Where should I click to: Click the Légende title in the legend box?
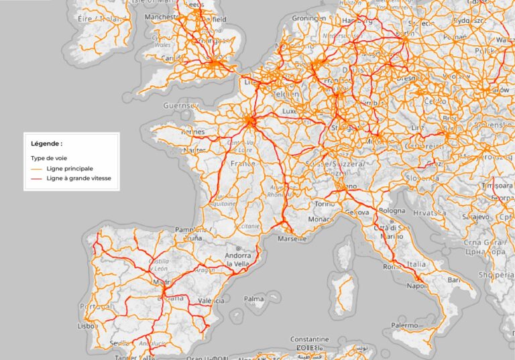point(47,143)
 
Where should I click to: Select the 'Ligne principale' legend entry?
point(70,168)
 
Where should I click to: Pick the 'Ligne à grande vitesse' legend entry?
point(78,179)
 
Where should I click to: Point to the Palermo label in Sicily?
point(405,325)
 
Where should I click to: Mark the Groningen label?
point(310,18)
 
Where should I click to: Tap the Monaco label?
point(320,219)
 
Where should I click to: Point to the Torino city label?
point(324,203)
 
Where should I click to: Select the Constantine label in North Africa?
point(310,339)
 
